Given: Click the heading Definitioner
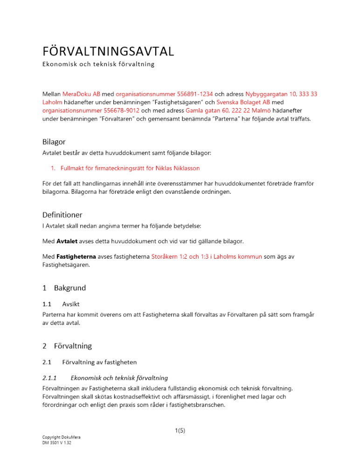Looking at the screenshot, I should (62, 215).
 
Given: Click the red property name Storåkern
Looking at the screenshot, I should (166, 256).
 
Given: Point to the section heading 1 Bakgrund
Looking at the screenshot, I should (64, 288).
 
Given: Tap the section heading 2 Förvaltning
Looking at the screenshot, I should (67, 346).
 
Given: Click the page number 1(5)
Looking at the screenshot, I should (180, 431).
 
